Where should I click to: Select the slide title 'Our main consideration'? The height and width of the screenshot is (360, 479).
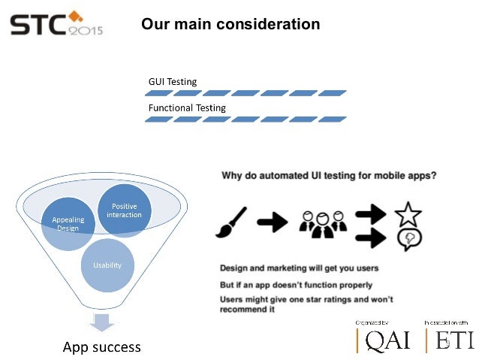click(x=230, y=25)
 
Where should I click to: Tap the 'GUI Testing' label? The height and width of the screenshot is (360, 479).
click(x=173, y=81)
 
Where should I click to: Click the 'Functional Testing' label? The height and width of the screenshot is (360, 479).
click(x=187, y=108)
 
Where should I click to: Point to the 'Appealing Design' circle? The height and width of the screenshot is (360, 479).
click(x=68, y=223)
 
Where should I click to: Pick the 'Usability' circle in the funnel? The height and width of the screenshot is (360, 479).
click(x=107, y=265)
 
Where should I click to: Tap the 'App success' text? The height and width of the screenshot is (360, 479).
click(x=101, y=347)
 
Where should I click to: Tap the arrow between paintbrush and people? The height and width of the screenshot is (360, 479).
click(x=273, y=222)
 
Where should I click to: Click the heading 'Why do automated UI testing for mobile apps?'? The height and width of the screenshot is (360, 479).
click(x=330, y=176)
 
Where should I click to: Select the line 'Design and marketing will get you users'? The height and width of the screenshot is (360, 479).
click(x=299, y=268)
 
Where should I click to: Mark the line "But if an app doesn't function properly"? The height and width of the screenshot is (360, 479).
click(x=296, y=285)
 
